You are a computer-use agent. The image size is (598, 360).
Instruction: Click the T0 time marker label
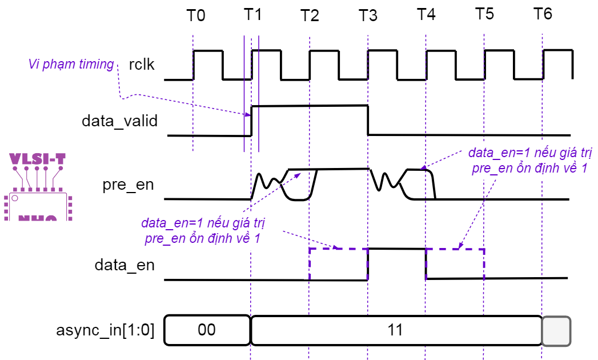(195, 15)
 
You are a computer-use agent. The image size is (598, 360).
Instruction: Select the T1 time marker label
(252, 15)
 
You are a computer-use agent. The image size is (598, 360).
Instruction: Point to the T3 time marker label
(368, 15)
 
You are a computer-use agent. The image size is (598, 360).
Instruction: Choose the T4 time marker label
(426, 15)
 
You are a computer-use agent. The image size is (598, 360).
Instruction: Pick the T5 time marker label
(484, 15)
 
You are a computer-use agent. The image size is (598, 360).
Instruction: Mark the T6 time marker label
(543, 14)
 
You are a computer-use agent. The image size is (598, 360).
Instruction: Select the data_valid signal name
(119, 121)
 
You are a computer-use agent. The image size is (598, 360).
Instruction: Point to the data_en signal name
(125, 265)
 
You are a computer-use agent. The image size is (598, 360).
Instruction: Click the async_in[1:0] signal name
(106, 330)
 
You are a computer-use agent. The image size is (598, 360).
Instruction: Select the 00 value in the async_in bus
(207, 330)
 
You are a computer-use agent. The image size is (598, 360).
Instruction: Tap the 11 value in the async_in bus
(395, 330)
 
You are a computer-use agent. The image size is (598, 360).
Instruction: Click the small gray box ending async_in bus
(556, 331)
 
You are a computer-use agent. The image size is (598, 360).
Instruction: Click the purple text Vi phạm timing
(71, 64)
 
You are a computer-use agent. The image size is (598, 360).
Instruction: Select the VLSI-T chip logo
(38, 186)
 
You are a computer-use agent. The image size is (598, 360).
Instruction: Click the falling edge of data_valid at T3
(367, 120)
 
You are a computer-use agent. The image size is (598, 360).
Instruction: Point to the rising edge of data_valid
(252, 121)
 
